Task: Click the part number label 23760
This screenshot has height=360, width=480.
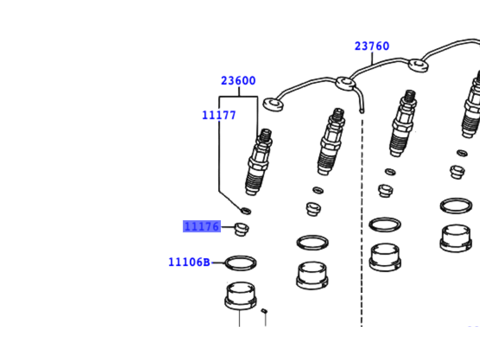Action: [x=372, y=46]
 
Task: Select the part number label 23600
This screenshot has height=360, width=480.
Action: [x=238, y=81]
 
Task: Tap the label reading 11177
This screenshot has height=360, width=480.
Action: [x=219, y=115]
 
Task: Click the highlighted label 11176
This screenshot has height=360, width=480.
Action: [x=202, y=227]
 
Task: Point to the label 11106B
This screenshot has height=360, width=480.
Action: [x=189, y=262]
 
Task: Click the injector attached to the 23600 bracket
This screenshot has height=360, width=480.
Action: [x=259, y=162]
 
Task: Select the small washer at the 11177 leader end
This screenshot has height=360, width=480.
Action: [x=246, y=211]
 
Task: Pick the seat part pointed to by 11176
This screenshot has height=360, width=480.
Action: [x=242, y=229]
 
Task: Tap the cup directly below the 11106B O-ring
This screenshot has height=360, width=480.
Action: [x=241, y=295]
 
